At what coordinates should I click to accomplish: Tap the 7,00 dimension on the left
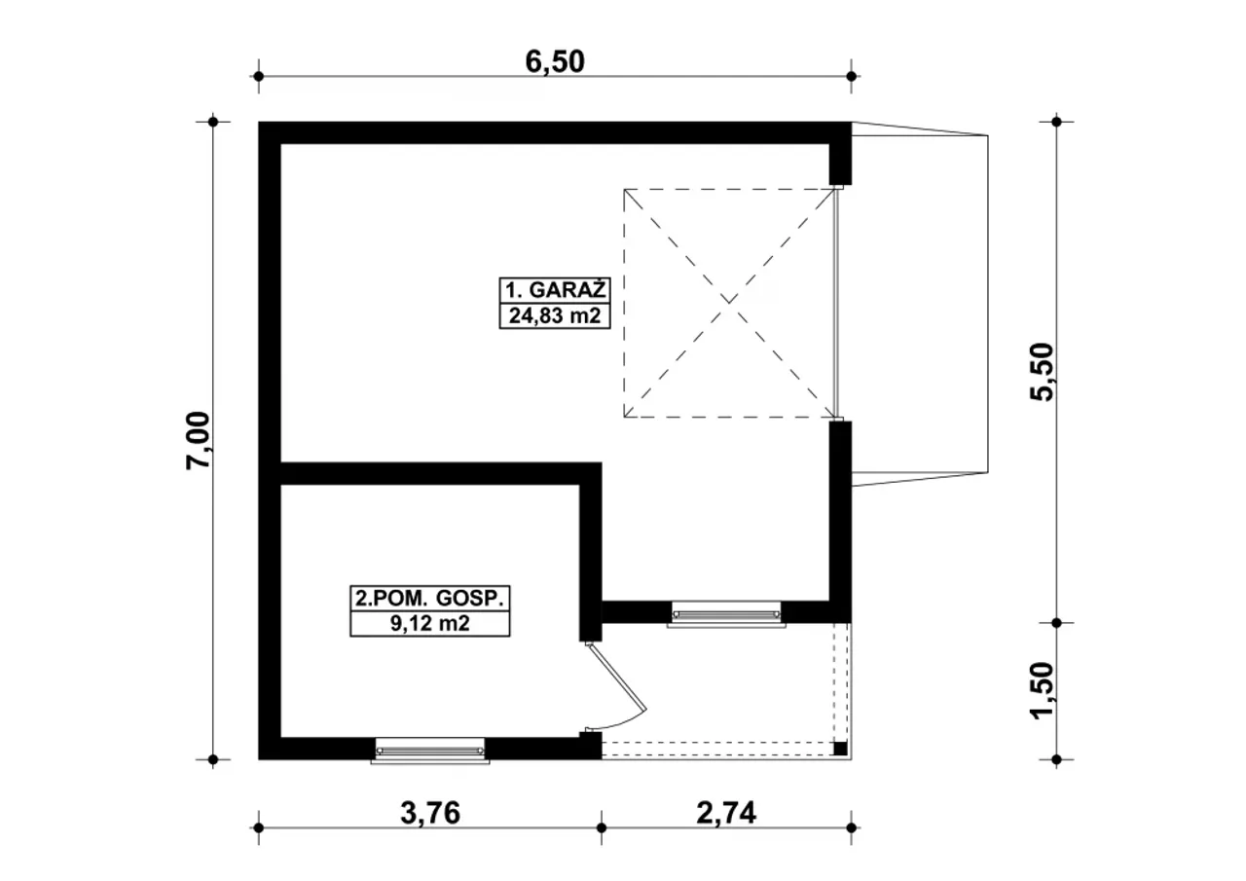(198, 440)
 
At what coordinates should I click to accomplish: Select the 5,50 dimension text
(1043, 372)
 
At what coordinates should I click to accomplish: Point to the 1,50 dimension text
(1043, 690)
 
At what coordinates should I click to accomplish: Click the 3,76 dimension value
(429, 812)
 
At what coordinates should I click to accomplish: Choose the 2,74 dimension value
(725, 812)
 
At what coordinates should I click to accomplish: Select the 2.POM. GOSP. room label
(429, 597)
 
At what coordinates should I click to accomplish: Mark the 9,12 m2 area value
(429, 624)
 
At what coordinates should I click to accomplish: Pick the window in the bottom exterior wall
(429, 750)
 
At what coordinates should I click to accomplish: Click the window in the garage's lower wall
(726, 613)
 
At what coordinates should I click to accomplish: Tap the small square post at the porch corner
(840, 749)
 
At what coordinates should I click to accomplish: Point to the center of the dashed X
(729, 303)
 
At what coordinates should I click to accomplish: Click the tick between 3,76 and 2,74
(601, 828)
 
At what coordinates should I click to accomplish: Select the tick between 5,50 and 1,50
(1058, 622)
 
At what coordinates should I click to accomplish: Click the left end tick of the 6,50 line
(258, 76)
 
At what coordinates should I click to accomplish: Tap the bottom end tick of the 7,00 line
(213, 759)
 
